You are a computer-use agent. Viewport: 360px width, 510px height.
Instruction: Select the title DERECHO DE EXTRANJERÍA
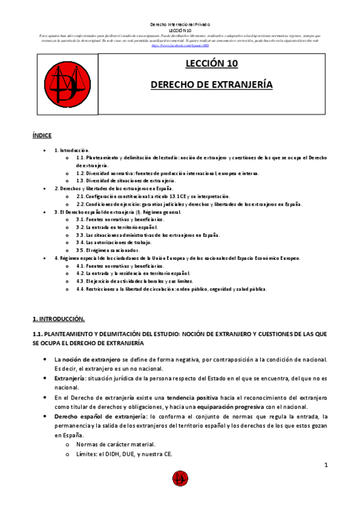tap(212, 85)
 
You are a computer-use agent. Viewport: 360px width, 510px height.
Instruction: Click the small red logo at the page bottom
tap(180, 478)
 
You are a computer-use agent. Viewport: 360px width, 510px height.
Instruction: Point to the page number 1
tap(325, 465)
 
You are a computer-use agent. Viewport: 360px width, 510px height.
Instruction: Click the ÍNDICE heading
tap(42, 136)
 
